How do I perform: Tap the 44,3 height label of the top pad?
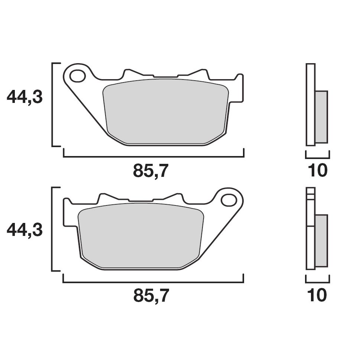point(25,97)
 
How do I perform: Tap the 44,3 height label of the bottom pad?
point(25,230)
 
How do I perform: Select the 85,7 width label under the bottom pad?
point(151,296)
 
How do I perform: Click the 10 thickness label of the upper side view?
point(318,171)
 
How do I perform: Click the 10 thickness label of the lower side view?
point(318,296)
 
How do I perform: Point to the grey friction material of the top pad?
point(166,111)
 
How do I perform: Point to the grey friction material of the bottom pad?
point(141,236)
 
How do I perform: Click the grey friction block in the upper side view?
point(322,117)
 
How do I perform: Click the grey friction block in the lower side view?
point(322,241)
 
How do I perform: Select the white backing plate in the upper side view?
point(311,104)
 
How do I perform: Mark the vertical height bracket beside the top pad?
point(52,104)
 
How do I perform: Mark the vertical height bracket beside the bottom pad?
point(52,229)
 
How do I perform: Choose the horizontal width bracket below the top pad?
point(153,157)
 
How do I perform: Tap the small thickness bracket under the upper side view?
point(317,156)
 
